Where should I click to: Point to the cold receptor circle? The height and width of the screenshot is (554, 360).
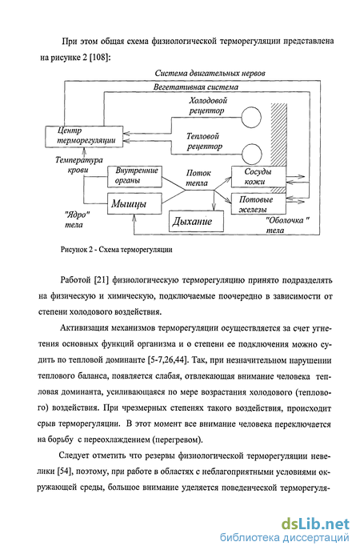pos(251,118)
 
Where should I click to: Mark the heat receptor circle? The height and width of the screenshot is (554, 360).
pos(252,154)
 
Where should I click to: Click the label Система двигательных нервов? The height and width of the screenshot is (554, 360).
pos(210,74)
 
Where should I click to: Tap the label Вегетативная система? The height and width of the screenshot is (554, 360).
pos(196,87)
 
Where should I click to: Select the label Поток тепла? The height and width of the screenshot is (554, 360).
pos(198,178)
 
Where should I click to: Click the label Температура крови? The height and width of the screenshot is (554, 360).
pos(78,165)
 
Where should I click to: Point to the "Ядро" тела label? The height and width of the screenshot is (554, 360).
pos(75,219)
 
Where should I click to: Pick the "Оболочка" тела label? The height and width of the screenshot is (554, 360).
pos(287,225)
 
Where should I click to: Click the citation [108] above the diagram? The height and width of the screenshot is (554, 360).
pos(100,57)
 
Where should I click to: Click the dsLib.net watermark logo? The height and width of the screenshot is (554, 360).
pos(315,524)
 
